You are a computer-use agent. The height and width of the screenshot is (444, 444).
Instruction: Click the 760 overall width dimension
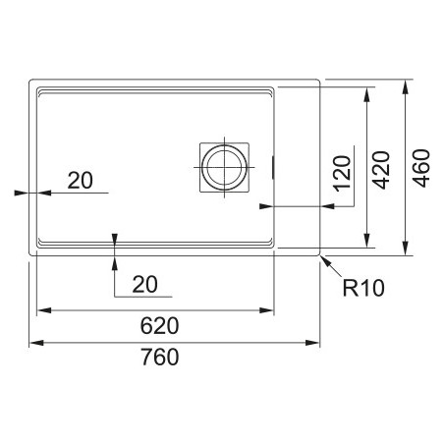(160, 357)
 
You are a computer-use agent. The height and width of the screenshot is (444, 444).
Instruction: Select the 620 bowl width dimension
(159, 326)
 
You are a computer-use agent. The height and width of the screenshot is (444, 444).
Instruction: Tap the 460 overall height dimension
(421, 168)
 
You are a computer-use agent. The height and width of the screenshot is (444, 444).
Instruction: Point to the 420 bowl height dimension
(382, 170)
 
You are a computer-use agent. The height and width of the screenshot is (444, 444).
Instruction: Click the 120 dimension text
(342, 174)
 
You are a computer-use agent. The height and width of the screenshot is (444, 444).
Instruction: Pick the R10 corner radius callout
(363, 288)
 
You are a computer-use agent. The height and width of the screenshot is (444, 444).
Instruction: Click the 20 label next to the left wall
(81, 180)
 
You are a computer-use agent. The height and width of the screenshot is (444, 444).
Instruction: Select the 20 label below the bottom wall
(145, 284)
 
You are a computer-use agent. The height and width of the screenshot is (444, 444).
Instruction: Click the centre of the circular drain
(224, 167)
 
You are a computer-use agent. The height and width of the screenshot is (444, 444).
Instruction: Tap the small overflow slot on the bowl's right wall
(273, 167)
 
